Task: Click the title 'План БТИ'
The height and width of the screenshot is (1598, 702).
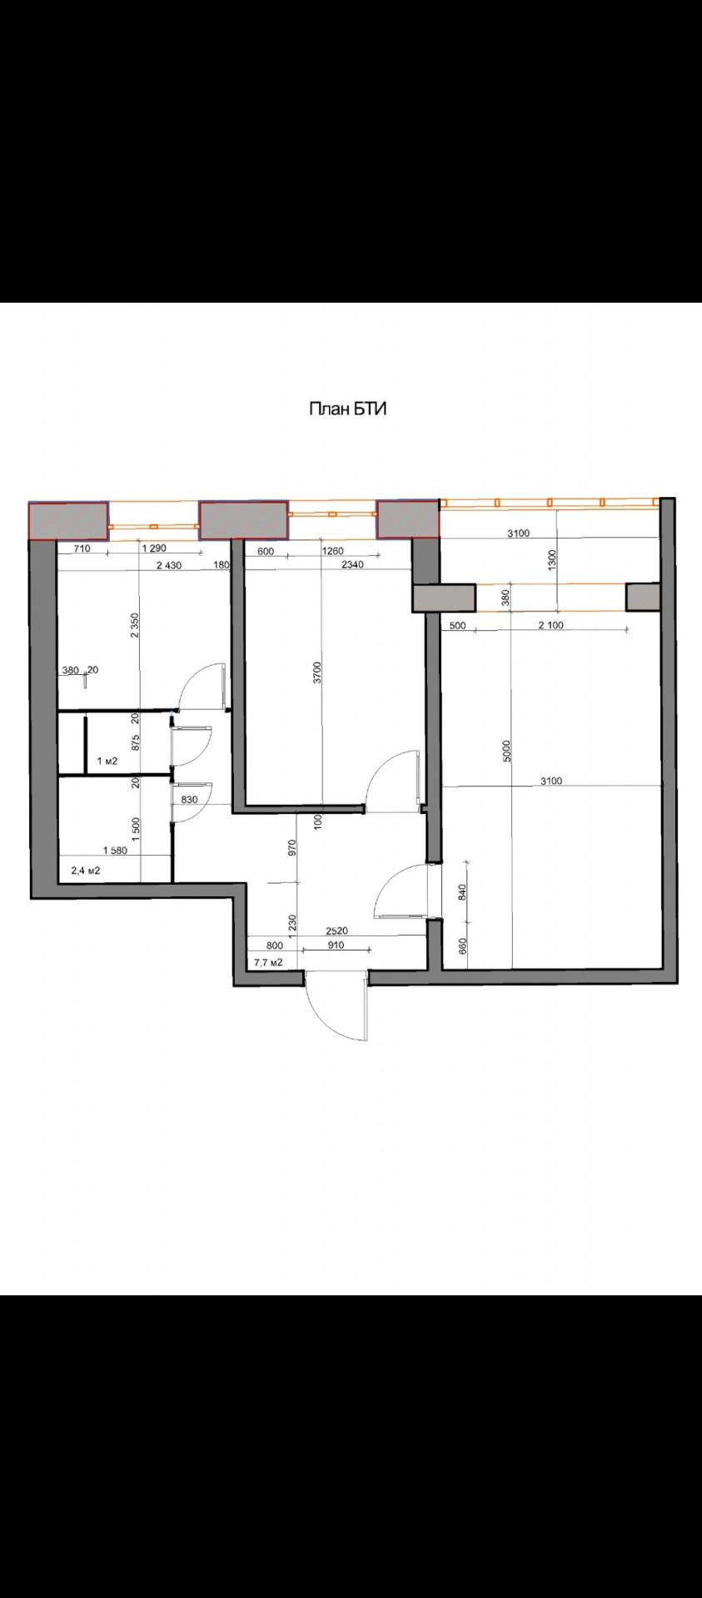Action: coord(349,409)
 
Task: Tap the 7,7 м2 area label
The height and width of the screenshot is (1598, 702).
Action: coord(268,963)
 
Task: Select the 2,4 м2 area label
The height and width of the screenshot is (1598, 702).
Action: coord(86,871)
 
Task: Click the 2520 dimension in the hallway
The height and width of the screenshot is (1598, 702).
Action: coord(337,932)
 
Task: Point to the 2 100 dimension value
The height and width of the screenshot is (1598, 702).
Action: coord(551,625)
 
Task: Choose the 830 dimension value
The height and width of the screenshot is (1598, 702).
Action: coord(189,800)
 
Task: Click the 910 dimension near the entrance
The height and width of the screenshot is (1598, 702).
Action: coord(336,945)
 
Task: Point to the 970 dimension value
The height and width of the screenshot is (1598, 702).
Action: coord(291,849)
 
